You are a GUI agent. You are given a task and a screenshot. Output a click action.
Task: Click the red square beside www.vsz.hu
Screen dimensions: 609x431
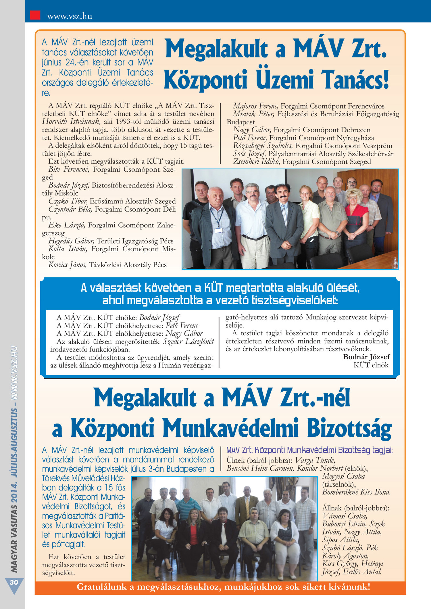point(35,15)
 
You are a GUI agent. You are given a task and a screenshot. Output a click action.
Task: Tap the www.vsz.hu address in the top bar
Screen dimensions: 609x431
point(70,16)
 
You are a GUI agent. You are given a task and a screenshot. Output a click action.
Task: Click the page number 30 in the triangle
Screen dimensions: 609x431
point(14,582)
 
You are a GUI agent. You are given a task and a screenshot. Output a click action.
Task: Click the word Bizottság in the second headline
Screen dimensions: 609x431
point(349,429)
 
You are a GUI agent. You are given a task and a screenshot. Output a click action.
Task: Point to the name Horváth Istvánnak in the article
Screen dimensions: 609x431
point(71,121)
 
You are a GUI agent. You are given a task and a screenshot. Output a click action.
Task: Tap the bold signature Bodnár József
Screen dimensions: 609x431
point(366,357)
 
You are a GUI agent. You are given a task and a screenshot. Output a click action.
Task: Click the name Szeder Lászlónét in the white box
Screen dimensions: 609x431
point(188,341)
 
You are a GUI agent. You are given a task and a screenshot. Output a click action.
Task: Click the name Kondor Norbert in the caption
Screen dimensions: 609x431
point(320,468)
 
